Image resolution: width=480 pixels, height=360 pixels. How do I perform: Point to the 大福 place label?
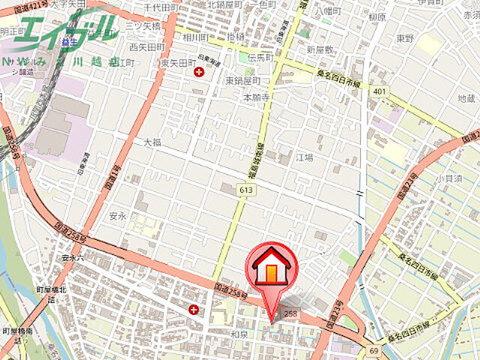pos(153,141)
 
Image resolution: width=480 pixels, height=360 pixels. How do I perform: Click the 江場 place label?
pos(304,157)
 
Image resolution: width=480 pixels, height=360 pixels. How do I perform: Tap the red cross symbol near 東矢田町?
pos(199,72)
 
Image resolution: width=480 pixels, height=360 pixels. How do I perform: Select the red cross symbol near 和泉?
pos(194,309)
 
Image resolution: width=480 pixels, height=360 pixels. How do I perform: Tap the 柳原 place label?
pos(377,17)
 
